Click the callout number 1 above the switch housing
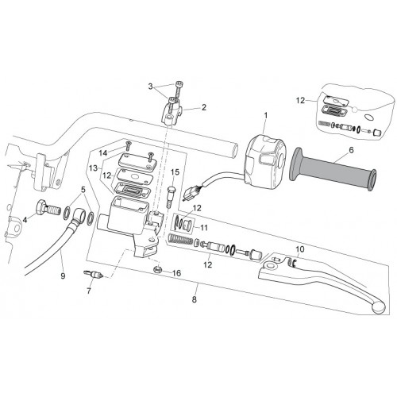click(266, 116)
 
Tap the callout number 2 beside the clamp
click(203, 107)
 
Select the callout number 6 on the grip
click(351, 150)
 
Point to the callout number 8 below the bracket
click(195, 299)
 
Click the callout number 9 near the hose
click(63, 276)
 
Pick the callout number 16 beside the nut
click(176, 273)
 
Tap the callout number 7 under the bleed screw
click(89, 291)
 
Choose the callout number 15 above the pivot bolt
click(175, 172)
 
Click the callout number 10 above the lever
click(300, 249)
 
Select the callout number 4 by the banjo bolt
click(25, 219)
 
